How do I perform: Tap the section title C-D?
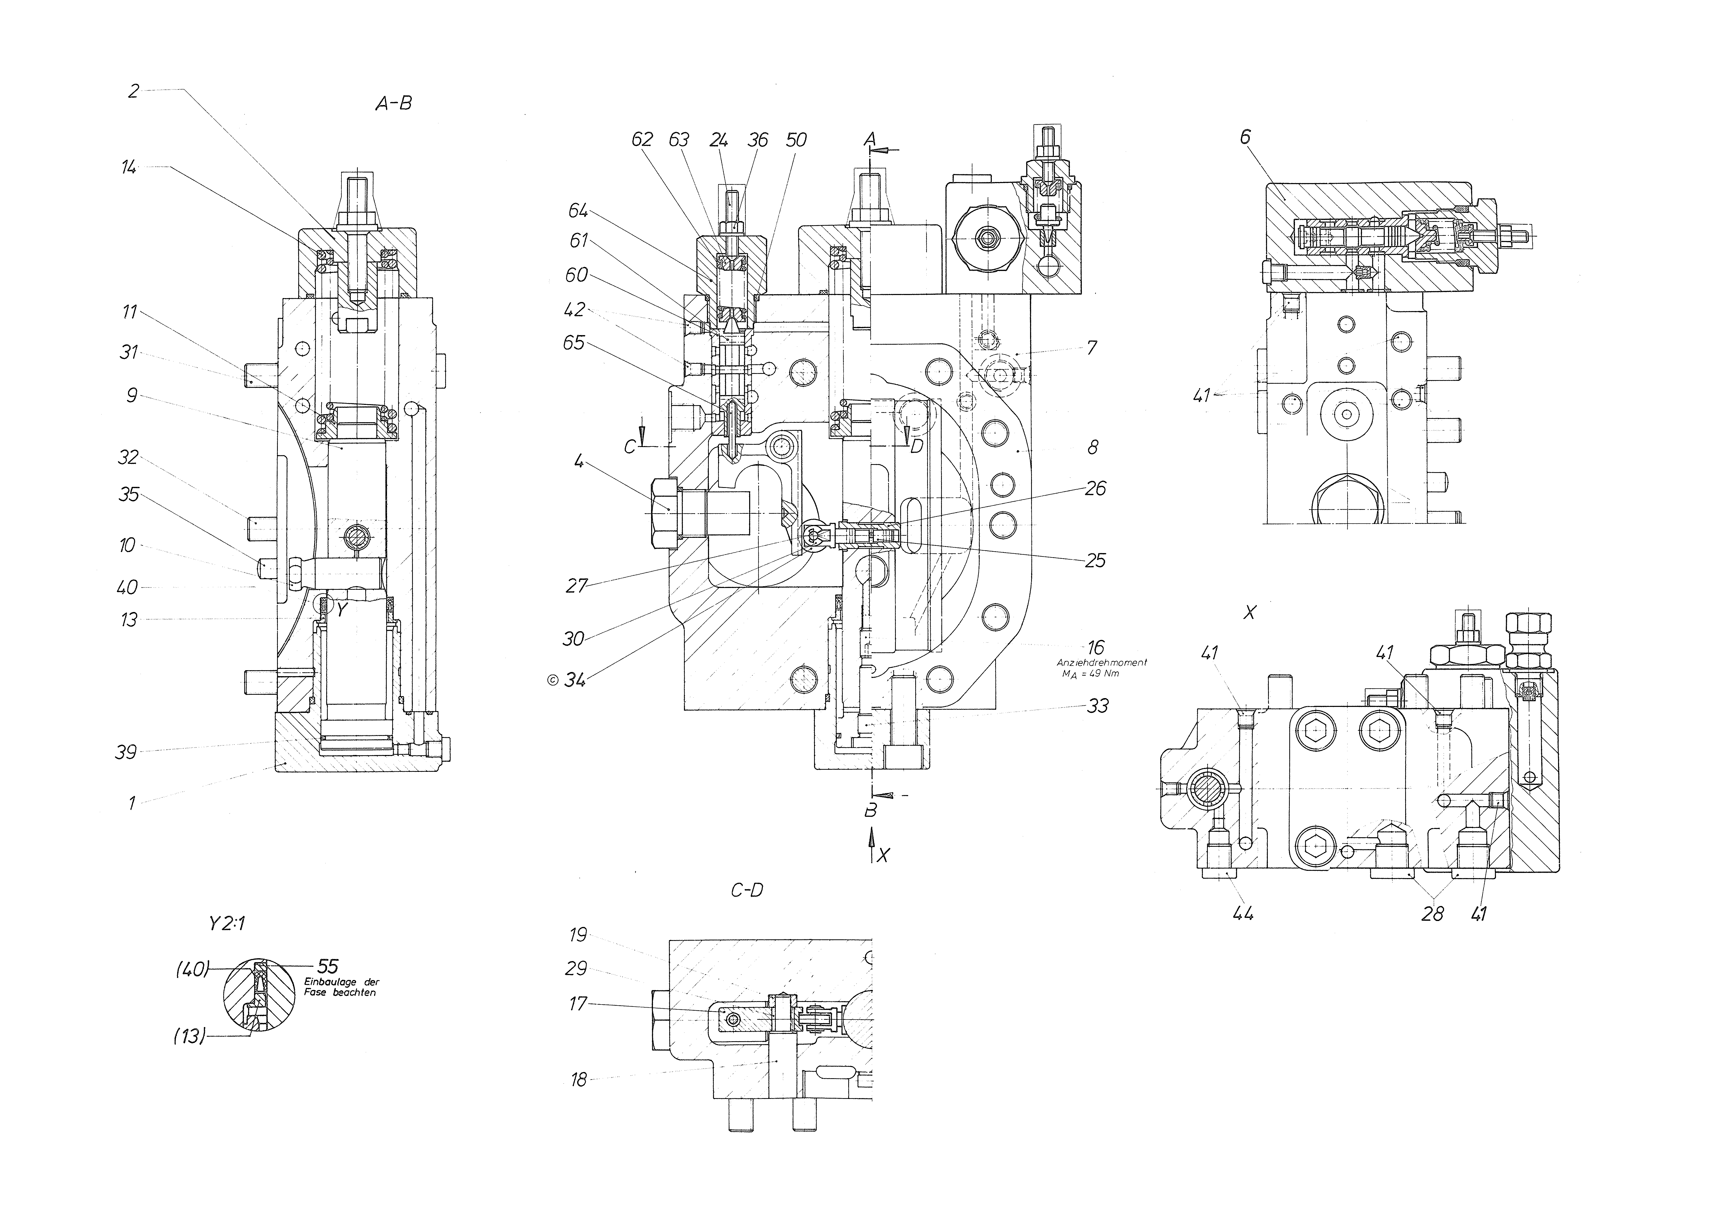747,890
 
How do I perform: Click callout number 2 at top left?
133,91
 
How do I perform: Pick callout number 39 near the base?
126,752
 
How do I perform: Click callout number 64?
578,211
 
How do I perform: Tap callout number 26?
1095,488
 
